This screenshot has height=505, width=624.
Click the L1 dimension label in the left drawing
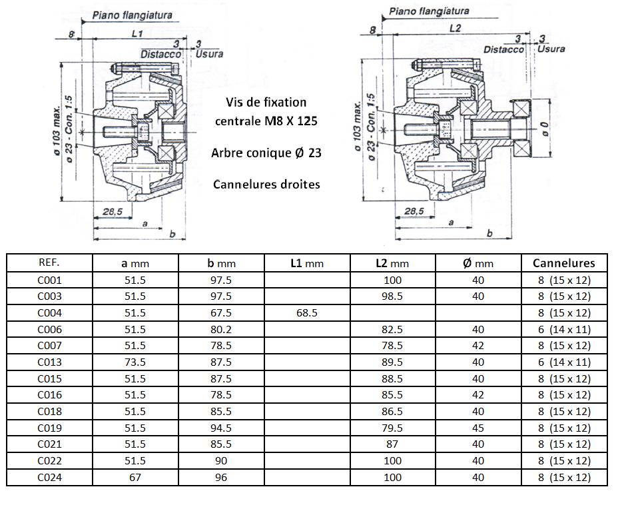[x=137, y=32]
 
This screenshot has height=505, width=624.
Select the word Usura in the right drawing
[x=551, y=49]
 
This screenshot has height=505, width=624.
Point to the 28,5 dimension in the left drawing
[x=114, y=211]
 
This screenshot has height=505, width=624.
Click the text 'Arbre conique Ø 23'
[x=266, y=153]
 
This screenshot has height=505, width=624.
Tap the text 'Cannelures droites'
[x=266, y=183]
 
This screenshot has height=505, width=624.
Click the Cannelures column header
[x=564, y=262]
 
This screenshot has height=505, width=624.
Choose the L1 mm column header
[x=307, y=263]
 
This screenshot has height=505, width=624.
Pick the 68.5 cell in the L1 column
[x=307, y=312]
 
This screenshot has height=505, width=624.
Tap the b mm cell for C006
[x=220, y=329]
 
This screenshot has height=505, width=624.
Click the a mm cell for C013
[x=135, y=362]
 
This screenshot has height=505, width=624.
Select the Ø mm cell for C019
[x=477, y=428]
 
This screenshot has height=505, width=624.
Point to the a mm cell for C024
[x=135, y=477]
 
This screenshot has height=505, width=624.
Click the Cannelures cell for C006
[x=564, y=329]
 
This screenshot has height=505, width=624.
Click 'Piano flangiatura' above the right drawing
[x=429, y=11]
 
